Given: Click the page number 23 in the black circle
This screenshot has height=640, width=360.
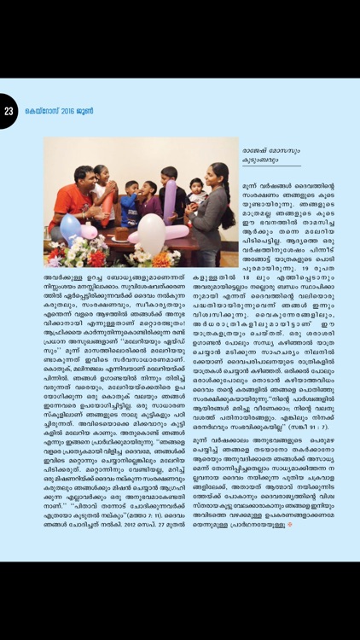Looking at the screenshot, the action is pyautogui.click(x=9, y=111).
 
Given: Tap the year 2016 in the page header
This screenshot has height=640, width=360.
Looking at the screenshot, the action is pyautogui.click(x=63, y=112).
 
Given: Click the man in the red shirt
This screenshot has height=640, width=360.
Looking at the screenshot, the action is pyautogui.click(x=80, y=201).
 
